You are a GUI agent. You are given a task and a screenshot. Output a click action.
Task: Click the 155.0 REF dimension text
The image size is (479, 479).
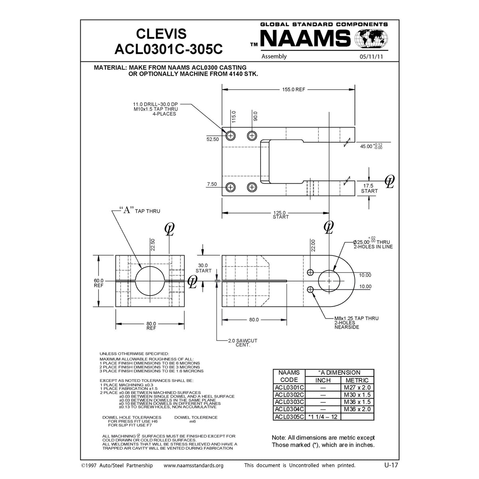click(293, 89)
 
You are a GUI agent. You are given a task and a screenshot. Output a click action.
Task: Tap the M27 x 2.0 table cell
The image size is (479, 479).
click(357, 388)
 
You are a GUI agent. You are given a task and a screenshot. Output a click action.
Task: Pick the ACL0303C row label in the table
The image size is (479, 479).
click(289, 402)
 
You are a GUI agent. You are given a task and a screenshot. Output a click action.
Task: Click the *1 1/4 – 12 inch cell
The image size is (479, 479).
click(323, 417)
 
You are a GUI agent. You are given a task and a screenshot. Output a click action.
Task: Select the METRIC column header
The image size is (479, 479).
click(357, 380)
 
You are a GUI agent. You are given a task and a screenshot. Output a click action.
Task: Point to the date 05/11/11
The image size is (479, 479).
click(371, 57)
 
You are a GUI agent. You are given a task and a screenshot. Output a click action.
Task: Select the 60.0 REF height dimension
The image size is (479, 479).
click(98, 283)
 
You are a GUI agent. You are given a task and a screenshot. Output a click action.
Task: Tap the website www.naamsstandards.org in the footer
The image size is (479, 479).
click(194, 465)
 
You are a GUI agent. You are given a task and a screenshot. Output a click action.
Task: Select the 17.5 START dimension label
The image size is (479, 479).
click(369, 188)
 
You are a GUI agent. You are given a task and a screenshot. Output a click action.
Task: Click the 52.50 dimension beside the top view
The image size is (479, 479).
click(212, 139)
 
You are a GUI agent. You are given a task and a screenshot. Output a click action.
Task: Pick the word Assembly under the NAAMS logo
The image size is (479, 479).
click(274, 56)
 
